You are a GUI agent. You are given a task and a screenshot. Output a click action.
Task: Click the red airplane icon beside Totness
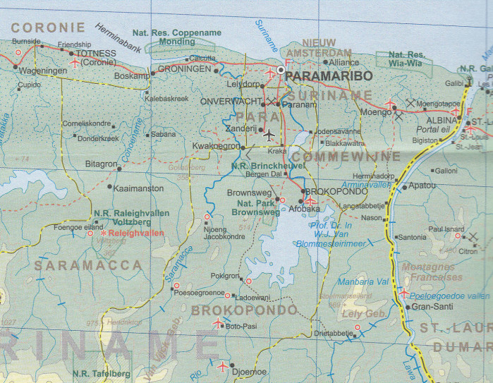click(x=75, y=63)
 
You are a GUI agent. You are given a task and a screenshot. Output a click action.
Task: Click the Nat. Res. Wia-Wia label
click(x=408, y=59)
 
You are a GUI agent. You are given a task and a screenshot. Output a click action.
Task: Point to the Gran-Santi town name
click(x=431, y=308)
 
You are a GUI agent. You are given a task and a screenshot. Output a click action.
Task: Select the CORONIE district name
click(x=48, y=28)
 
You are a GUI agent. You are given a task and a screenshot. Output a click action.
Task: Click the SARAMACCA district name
click(x=87, y=265)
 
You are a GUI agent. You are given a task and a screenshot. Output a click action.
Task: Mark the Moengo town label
click(x=376, y=111)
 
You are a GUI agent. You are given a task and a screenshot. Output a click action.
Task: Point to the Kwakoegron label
click(x=216, y=146)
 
